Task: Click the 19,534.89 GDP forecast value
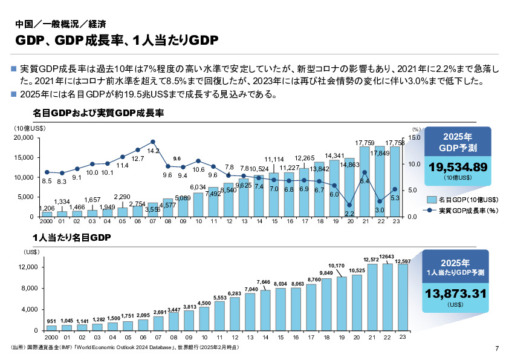click(458, 167)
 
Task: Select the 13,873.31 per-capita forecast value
click(458, 294)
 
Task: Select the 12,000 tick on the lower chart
click(28, 267)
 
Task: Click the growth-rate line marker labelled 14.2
click(153, 142)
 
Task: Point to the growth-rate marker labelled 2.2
click(349, 205)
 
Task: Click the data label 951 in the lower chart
click(52, 321)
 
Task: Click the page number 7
click(496, 348)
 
